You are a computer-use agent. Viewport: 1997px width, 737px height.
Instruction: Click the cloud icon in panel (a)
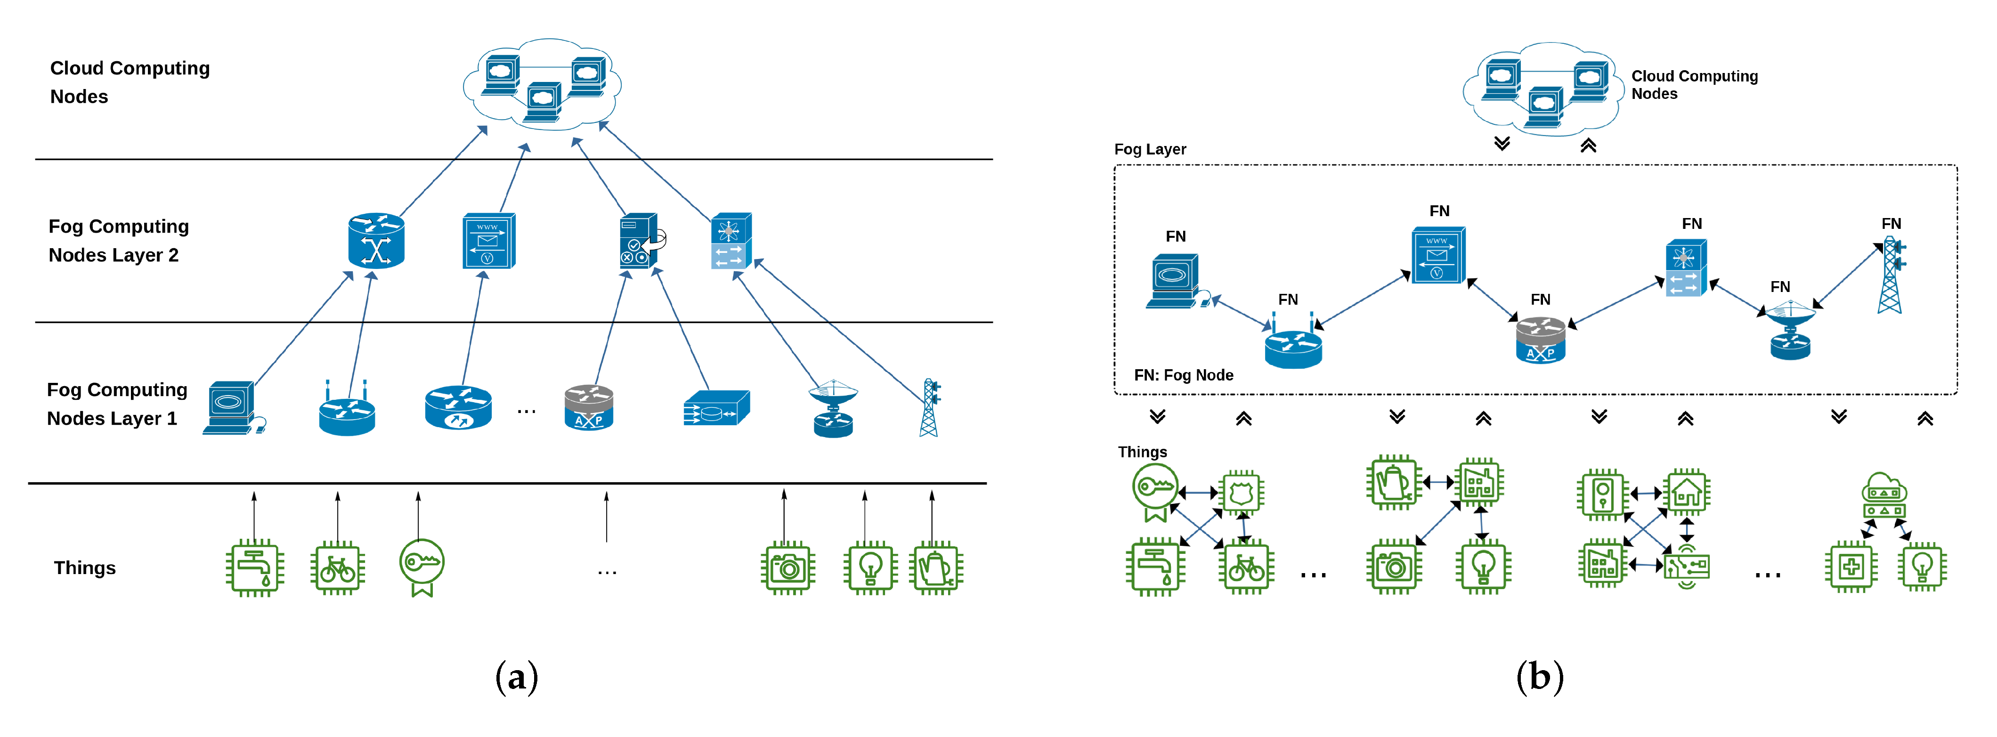[542, 84]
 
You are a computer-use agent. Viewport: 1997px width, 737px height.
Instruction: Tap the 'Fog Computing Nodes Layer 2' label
[119, 240]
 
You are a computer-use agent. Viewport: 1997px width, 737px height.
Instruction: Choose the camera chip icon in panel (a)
[787, 568]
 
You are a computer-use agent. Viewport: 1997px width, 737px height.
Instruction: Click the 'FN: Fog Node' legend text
[1183, 375]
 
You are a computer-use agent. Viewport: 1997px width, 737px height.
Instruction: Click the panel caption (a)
[516, 677]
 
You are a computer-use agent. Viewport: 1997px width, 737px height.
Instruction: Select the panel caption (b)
[1540, 677]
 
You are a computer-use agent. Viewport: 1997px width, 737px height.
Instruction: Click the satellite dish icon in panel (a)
[833, 408]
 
